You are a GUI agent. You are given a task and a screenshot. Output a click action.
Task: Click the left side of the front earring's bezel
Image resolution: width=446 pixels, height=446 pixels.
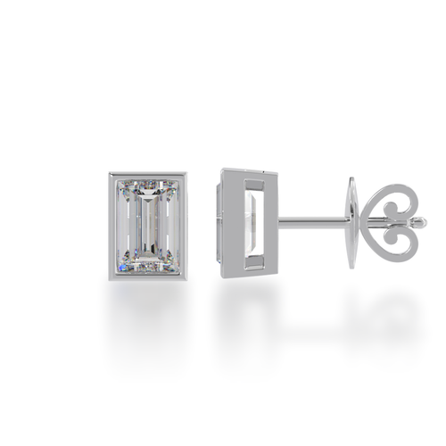pos(111,223)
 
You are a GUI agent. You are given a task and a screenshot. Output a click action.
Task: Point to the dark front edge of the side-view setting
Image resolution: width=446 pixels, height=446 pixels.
pos(219,223)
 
